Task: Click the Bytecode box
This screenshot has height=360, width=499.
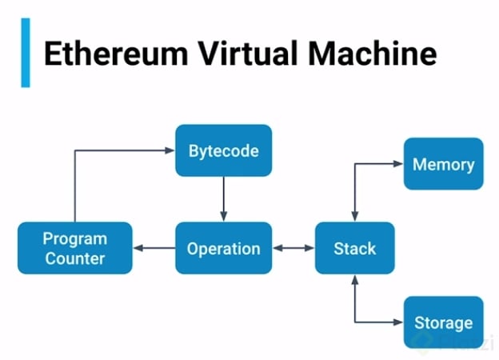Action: [223, 150]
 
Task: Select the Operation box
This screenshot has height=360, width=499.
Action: [223, 248]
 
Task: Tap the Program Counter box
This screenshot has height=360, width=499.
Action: [74, 248]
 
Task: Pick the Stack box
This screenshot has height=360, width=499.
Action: [354, 248]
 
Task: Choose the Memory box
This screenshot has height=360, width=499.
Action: [443, 164]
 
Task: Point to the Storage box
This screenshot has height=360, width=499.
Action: [443, 322]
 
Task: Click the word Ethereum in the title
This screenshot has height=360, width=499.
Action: [105, 54]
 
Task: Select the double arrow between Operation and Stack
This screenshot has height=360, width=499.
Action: [293, 248]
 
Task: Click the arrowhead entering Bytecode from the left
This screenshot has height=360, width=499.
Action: [170, 150]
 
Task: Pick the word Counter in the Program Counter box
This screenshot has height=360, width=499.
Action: [74, 258]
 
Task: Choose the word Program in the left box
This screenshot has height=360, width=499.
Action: [74, 238]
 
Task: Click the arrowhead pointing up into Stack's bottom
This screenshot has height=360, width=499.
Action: [354, 280]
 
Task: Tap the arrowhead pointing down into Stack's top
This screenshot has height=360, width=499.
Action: [354, 216]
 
